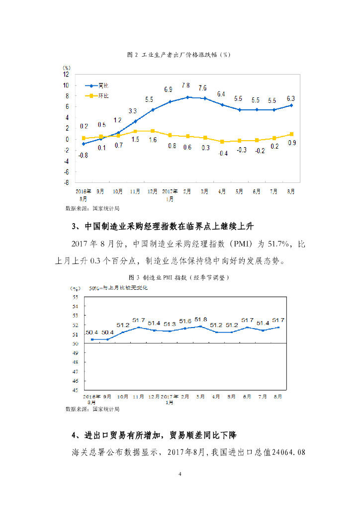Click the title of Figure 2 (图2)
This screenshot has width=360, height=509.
coord(179,55)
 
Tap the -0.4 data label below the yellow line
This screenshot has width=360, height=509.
coord(222,153)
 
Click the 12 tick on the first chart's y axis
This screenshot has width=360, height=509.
coord(66,74)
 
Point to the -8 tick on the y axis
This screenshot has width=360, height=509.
coord(66,182)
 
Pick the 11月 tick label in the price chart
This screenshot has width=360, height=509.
coord(135,190)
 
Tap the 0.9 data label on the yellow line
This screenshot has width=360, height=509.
coord(292,143)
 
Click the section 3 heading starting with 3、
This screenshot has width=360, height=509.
coord(163,227)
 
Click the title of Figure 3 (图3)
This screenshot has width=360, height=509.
coord(179,277)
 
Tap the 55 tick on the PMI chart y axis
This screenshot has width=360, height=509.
coord(76,297)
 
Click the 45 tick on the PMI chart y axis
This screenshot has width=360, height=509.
coord(76,390)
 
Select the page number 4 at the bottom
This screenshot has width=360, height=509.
coord(180,474)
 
